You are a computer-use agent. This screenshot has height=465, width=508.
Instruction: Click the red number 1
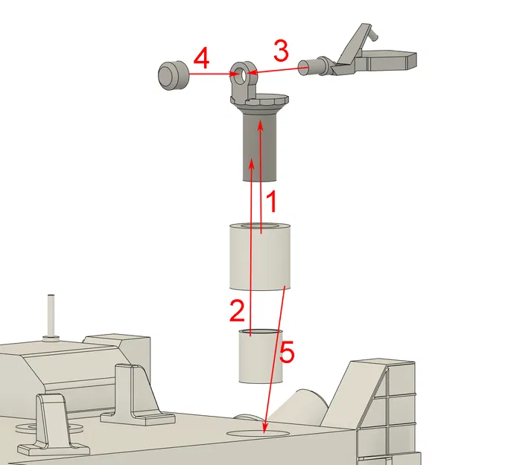(273, 200)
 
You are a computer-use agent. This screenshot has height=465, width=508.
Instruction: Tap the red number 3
(280, 52)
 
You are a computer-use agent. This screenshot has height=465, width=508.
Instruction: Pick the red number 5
(286, 352)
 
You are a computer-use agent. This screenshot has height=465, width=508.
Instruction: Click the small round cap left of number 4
(172, 76)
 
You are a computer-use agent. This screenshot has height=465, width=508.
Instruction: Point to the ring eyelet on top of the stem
(241, 74)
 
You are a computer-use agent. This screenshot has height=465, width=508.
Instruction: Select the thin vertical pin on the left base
(51, 315)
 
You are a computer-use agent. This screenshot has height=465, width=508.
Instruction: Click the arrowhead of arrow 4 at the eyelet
(234, 74)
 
